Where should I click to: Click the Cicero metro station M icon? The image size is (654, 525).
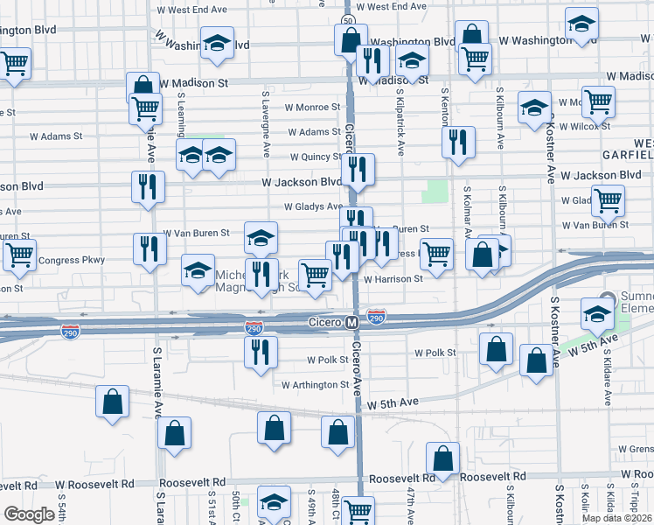click(352, 323)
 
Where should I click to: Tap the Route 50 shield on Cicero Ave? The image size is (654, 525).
click(347, 19)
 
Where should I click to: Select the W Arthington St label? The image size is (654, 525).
click(316, 385)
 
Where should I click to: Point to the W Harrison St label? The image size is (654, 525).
click(393, 279)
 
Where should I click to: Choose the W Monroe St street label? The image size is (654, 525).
click(312, 108)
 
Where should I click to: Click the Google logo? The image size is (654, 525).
click(30, 514)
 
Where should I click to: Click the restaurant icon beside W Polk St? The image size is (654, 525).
click(260, 352)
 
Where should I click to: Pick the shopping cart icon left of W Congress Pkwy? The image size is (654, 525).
click(18, 255)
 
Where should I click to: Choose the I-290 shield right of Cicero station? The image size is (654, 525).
click(377, 316)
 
